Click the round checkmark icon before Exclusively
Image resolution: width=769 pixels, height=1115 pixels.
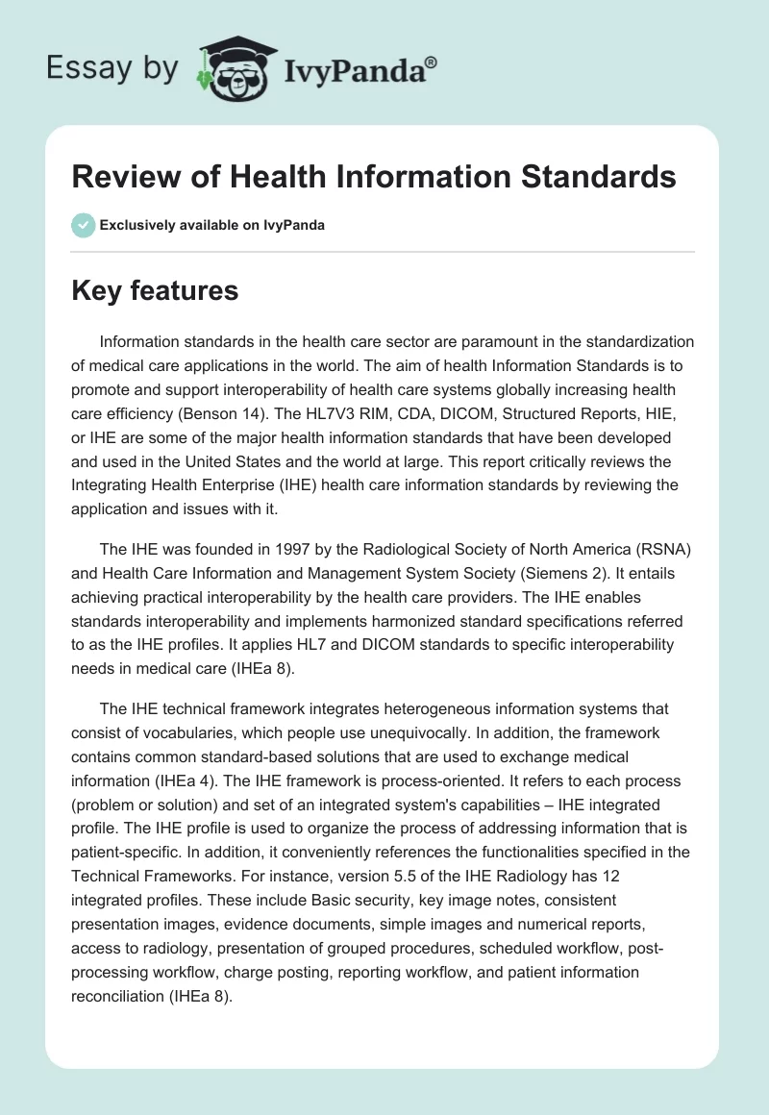(x=83, y=225)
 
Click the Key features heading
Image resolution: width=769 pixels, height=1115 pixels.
(x=155, y=290)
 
